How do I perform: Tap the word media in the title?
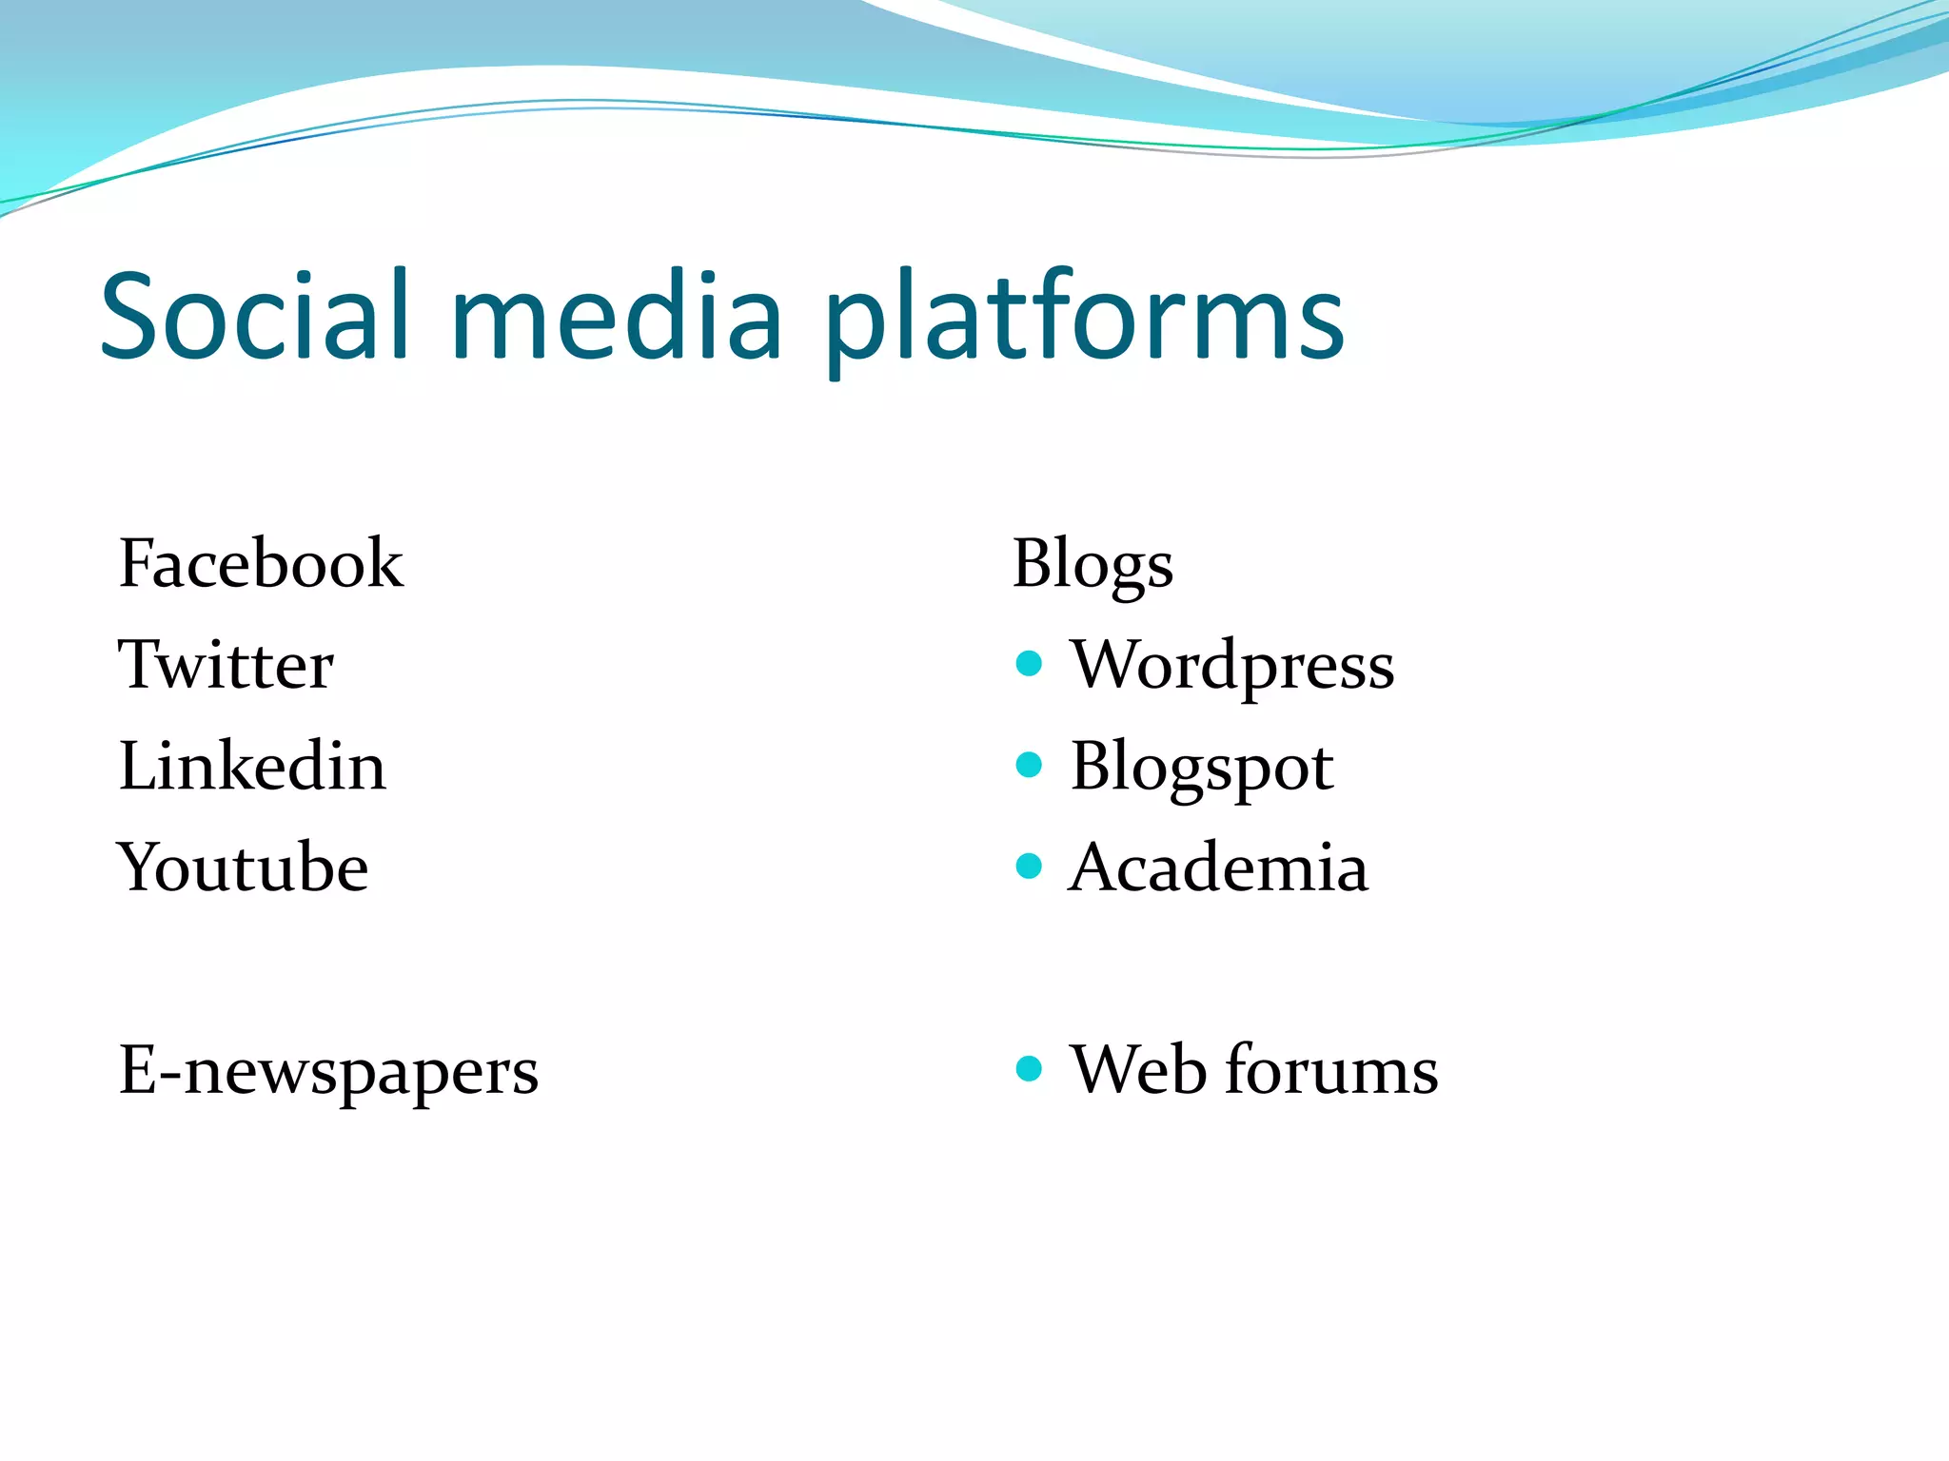(x=617, y=316)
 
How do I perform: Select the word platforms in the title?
(x=1085, y=319)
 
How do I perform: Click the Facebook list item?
(x=261, y=563)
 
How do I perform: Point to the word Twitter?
(x=226, y=665)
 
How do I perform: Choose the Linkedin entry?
(x=252, y=766)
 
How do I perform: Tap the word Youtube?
(x=243, y=867)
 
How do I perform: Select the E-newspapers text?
(x=328, y=1071)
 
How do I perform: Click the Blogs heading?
(x=1093, y=565)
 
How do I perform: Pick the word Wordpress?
(x=1232, y=666)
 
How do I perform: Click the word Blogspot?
(x=1202, y=768)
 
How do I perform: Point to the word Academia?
(x=1218, y=867)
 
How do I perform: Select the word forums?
(x=1331, y=1070)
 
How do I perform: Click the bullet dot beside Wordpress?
(x=1029, y=663)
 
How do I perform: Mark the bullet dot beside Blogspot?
(x=1029, y=764)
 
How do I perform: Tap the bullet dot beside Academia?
(x=1029, y=866)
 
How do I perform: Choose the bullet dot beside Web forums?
(x=1029, y=1068)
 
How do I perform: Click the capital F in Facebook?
(x=137, y=563)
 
